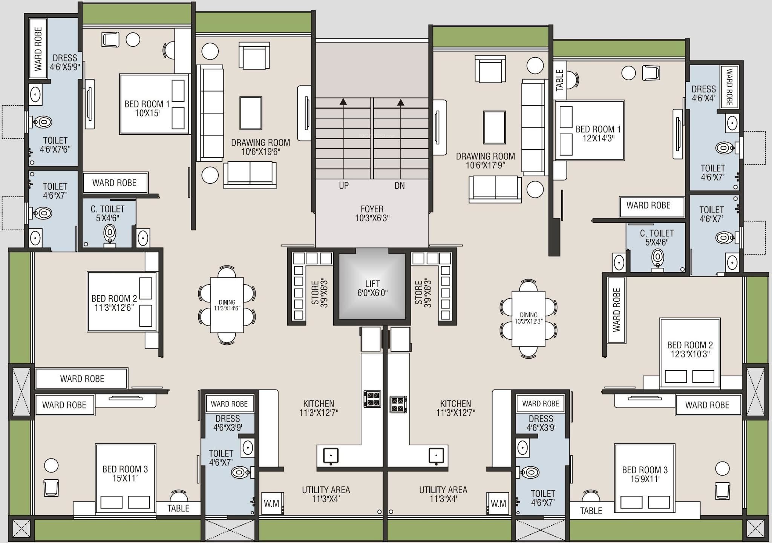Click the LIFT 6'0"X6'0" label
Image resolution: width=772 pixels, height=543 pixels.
[x=372, y=288]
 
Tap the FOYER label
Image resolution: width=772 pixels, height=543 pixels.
[x=372, y=209]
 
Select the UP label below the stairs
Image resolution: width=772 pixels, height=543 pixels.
[x=343, y=186]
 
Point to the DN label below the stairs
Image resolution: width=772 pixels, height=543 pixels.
[x=400, y=186]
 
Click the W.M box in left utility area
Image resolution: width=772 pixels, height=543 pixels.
[x=271, y=503]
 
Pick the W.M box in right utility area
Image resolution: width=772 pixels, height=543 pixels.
[x=498, y=503]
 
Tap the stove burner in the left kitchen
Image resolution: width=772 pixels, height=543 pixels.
[x=372, y=399]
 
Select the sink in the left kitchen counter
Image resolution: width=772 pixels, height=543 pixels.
[x=330, y=455]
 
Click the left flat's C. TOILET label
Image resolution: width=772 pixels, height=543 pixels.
[x=107, y=213]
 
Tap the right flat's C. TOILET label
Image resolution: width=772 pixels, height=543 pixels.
[x=657, y=238]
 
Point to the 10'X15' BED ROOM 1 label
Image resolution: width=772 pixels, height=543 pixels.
[x=147, y=108]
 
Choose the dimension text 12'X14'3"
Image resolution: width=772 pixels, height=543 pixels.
[x=598, y=138]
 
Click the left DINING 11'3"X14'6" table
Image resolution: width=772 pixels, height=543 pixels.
[x=227, y=305]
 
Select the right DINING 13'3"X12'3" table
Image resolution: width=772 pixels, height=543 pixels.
[x=528, y=319]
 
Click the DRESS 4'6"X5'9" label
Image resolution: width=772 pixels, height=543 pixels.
[x=65, y=63]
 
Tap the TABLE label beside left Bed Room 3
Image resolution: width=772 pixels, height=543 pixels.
[x=178, y=508]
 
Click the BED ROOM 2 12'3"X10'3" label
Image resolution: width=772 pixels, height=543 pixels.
[x=690, y=350]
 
